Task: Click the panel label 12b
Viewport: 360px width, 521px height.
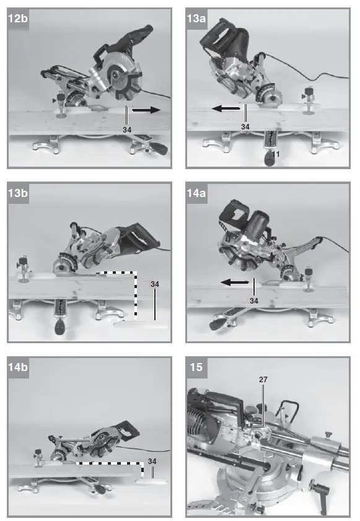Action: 18,19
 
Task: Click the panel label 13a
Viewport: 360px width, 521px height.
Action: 197,19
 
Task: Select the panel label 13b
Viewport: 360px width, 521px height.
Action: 18,193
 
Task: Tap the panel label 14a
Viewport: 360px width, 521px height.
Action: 197,193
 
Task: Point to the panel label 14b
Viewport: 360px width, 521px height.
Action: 18,367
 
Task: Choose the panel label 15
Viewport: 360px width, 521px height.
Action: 196,367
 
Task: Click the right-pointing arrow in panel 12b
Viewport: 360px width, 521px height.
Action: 146,110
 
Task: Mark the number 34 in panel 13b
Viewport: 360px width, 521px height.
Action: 155,284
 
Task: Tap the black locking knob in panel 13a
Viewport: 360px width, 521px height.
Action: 270,159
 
